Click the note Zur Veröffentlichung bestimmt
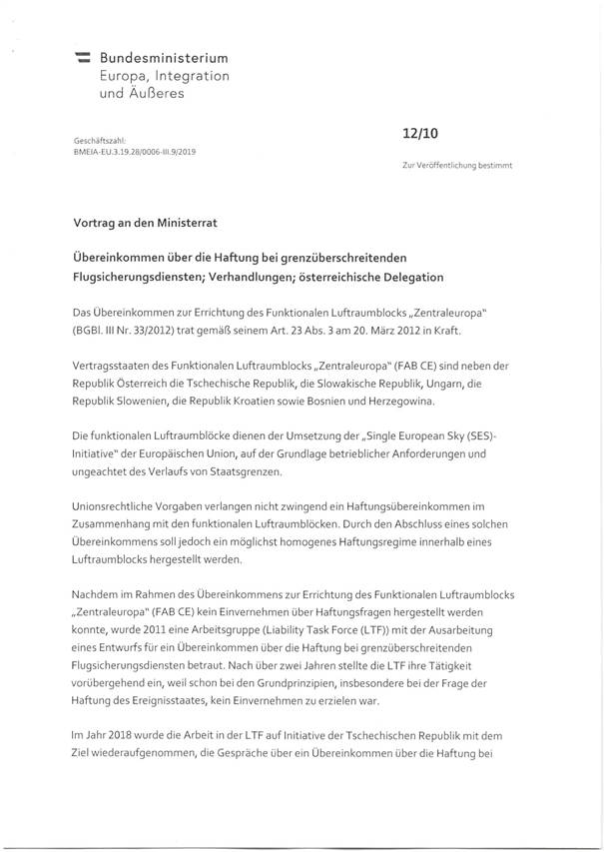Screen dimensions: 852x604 point(457,163)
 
